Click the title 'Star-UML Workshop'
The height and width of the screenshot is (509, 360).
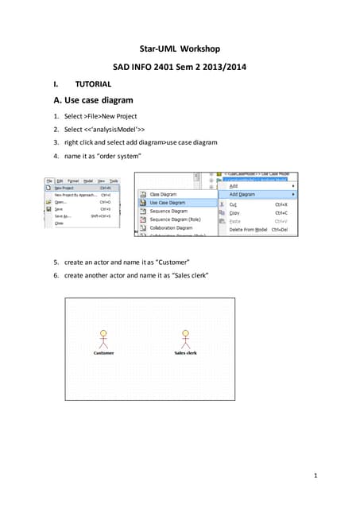(x=180, y=49)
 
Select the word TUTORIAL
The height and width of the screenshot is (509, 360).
(x=93, y=84)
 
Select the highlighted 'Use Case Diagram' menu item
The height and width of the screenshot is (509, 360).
(x=167, y=203)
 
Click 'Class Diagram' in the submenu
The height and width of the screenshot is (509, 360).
(x=163, y=194)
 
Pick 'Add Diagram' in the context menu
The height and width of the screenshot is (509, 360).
(x=242, y=194)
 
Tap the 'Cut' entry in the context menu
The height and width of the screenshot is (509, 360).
(x=234, y=204)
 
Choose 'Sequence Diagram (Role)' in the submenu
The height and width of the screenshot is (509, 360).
(x=172, y=220)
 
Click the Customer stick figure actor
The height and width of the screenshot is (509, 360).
(x=102, y=339)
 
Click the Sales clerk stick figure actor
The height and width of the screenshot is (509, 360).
(x=186, y=339)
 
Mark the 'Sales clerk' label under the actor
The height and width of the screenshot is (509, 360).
(x=186, y=353)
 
